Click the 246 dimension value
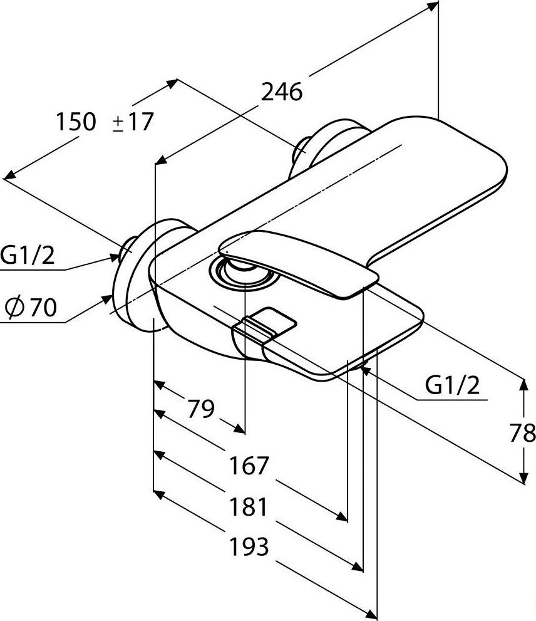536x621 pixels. point(281,92)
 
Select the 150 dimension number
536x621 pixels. point(76,122)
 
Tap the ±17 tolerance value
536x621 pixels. point(133,122)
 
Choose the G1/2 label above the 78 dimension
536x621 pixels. point(452,386)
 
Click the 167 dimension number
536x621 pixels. point(248,466)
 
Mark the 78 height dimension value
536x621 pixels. point(522,432)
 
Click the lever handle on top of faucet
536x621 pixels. point(301,263)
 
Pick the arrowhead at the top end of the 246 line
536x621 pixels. point(431,6)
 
